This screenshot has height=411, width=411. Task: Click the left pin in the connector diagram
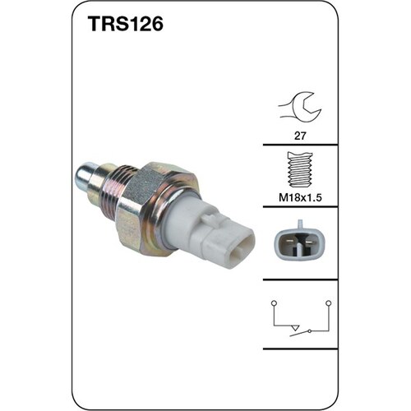tap(292, 243)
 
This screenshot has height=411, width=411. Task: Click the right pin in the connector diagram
tap(307, 243)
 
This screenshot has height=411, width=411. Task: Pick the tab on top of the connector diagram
tap(299, 224)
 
